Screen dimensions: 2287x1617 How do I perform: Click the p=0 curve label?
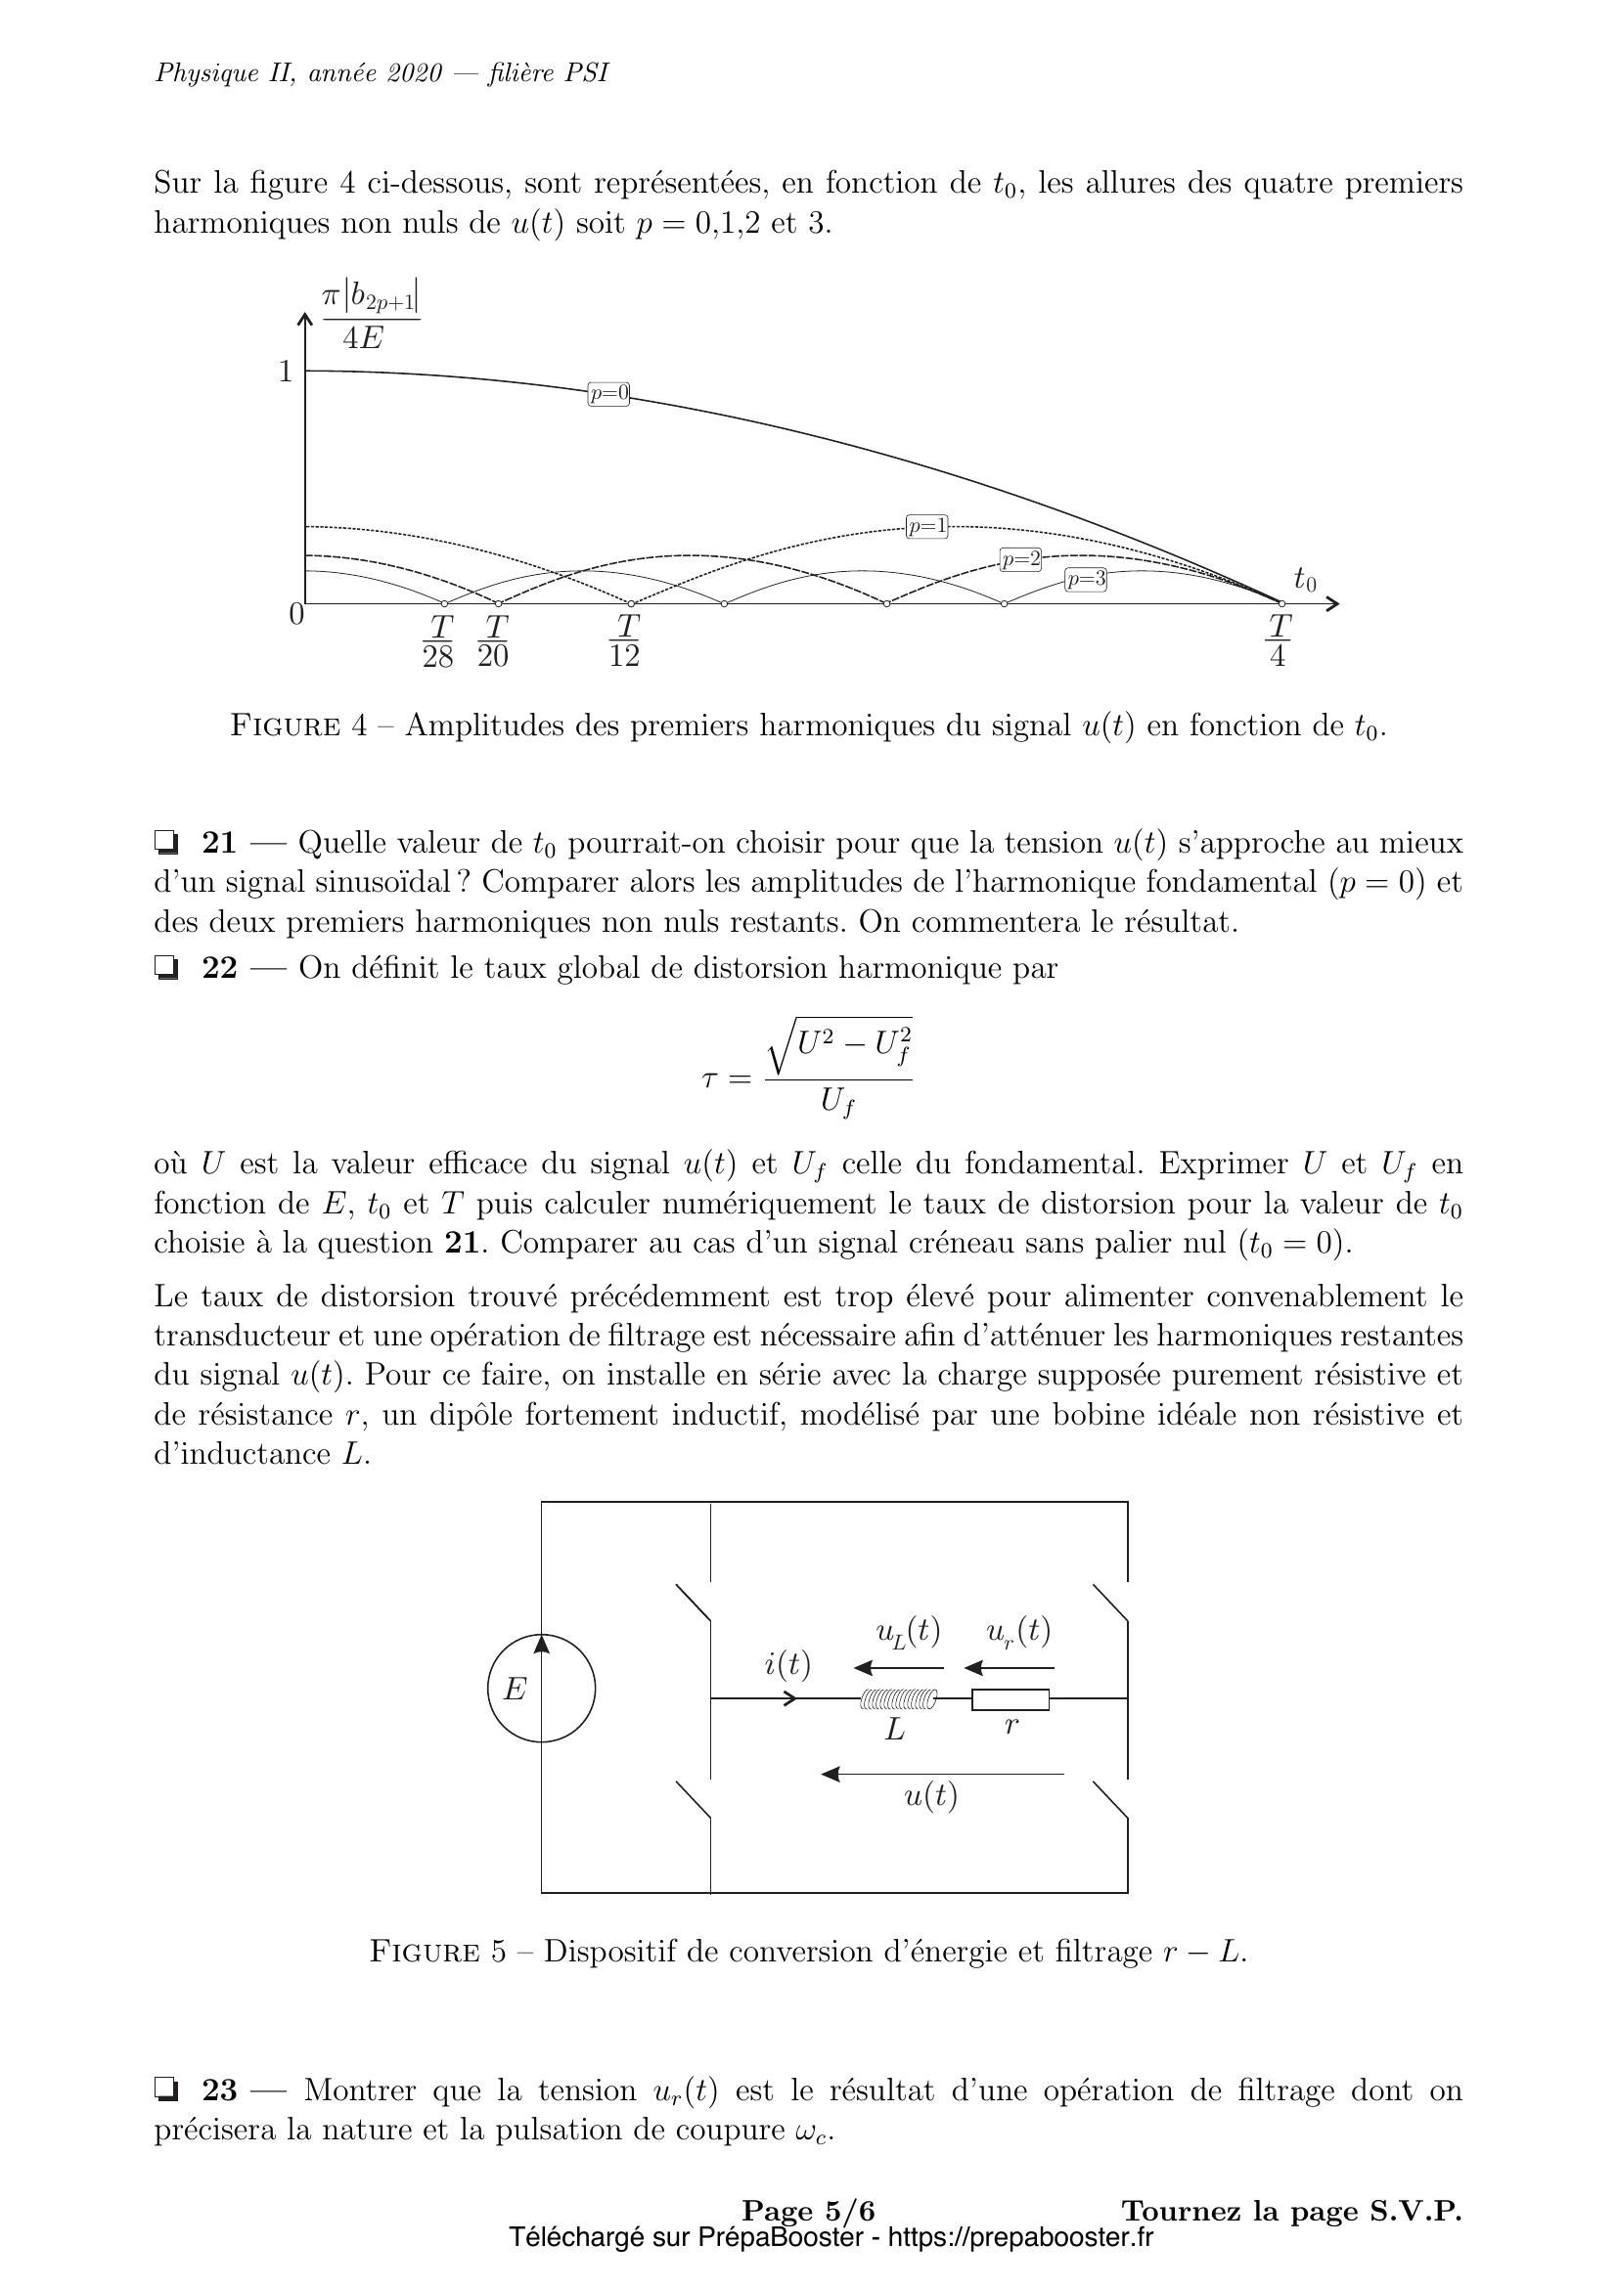pyautogui.click(x=607, y=393)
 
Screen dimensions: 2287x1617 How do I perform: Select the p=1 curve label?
pyautogui.click(x=926, y=527)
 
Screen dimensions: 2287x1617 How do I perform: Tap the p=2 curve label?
pyautogui.click(x=1020, y=560)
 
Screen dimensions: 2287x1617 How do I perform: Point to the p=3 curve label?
pyautogui.click(x=1085, y=580)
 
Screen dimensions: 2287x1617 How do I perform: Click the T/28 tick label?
pyautogui.click(x=438, y=641)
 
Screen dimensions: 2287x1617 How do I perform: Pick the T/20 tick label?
pyautogui.click(x=494, y=641)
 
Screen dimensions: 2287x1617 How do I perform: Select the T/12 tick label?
pyautogui.click(x=625, y=641)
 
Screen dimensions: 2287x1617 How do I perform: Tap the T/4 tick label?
pyautogui.click(x=1279, y=641)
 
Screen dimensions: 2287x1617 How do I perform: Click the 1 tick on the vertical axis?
pyautogui.click(x=286, y=372)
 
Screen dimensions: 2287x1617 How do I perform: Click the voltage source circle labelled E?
pyautogui.click(x=541, y=1689)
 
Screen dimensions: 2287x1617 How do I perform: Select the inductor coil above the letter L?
pyautogui.click(x=898, y=1699)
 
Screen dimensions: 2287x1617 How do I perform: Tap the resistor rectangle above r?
pyautogui.click(x=1011, y=1699)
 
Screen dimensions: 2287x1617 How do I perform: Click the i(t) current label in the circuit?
pyautogui.click(x=787, y=1664)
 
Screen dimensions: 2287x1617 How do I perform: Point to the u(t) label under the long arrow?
pyautogui.click(x=930, y=1796)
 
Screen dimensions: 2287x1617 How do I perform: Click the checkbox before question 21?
pyautogui.click(x=166, y=844)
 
